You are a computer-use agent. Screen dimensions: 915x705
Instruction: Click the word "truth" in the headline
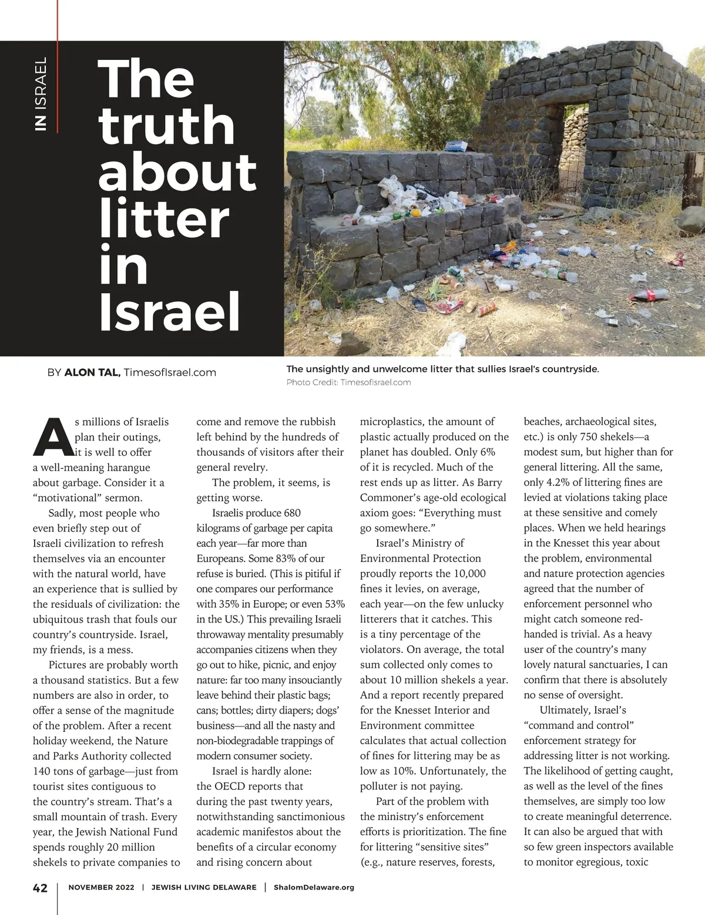coord(167,125)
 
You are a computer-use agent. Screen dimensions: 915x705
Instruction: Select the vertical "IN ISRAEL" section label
coord(41,94)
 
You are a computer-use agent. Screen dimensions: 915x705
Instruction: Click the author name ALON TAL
coord(92,372)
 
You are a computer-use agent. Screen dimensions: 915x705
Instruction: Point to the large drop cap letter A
coord(52,437)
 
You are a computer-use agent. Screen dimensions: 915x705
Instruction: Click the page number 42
coord(39,887)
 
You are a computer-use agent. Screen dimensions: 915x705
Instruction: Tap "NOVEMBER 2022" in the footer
coord(101,887)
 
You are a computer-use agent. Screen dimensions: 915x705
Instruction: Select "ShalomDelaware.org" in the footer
coord(314,887)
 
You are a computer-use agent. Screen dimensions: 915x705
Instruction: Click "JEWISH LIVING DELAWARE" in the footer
coord(204,887)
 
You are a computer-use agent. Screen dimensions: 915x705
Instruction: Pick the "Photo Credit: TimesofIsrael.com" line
coord(348,382)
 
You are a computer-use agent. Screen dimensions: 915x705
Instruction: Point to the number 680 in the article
coord(292,513)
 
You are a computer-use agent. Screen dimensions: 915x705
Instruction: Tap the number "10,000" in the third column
coord(469,573)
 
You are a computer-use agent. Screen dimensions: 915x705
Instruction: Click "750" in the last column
coord(589,437)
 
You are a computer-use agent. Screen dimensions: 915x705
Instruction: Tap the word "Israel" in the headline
coord(169,312)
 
